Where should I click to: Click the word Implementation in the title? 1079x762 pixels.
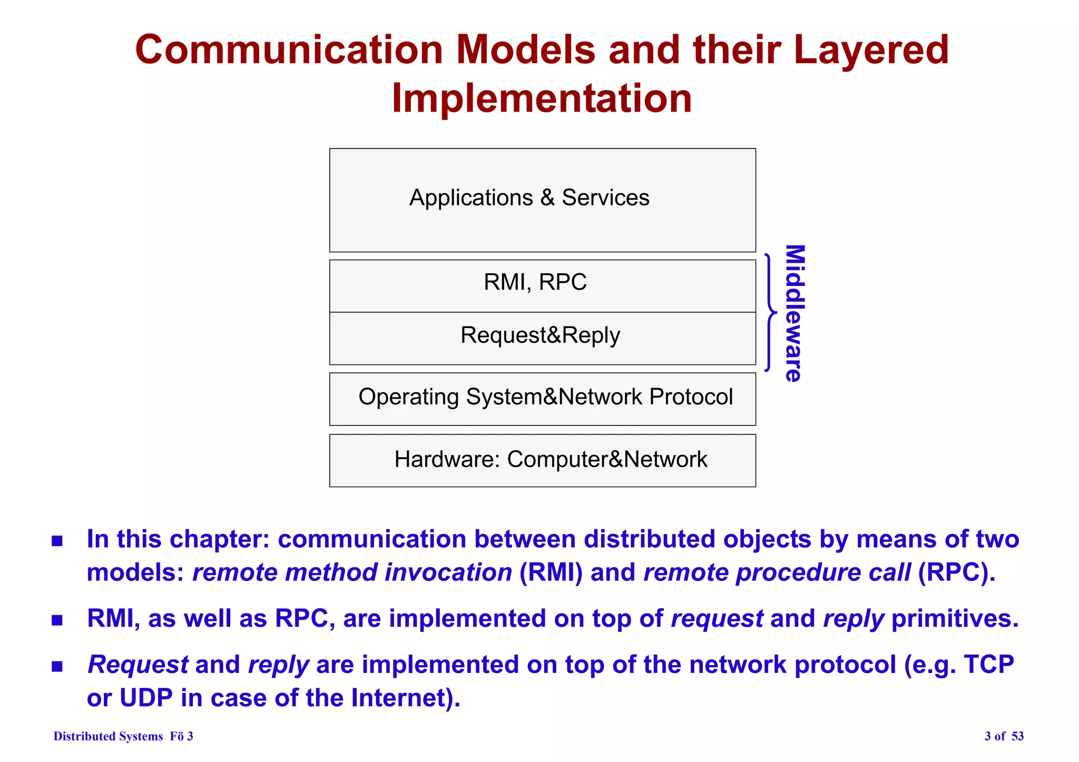click(542, 98)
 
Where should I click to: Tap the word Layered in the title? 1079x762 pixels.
click(871, 50)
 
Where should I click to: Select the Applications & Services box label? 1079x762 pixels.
click(529, 198)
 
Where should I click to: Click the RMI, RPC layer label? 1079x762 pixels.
click(535, 282)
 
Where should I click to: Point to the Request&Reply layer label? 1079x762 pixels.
click(540, 335)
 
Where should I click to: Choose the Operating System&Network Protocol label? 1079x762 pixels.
click(545, 397)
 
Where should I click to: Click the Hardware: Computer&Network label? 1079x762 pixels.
click(551, 459)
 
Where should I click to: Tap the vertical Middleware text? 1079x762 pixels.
click(794, 313)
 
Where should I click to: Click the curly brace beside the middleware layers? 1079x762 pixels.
click(770, 313)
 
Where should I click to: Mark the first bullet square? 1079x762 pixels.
click(57, 541)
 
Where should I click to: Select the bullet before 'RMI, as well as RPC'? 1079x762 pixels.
click(57, 620)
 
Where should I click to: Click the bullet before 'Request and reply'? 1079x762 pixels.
click(57, 667)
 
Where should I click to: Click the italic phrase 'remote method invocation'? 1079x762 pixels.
click(352, 572)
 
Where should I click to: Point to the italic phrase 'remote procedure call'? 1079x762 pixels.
click(777, 572)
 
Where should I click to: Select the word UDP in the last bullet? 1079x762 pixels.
click(146, 698)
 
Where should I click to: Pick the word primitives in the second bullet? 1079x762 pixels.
click(954, 619)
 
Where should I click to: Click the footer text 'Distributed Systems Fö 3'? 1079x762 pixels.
click(123, 736)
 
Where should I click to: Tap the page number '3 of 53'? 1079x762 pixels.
click(1004, 736)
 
